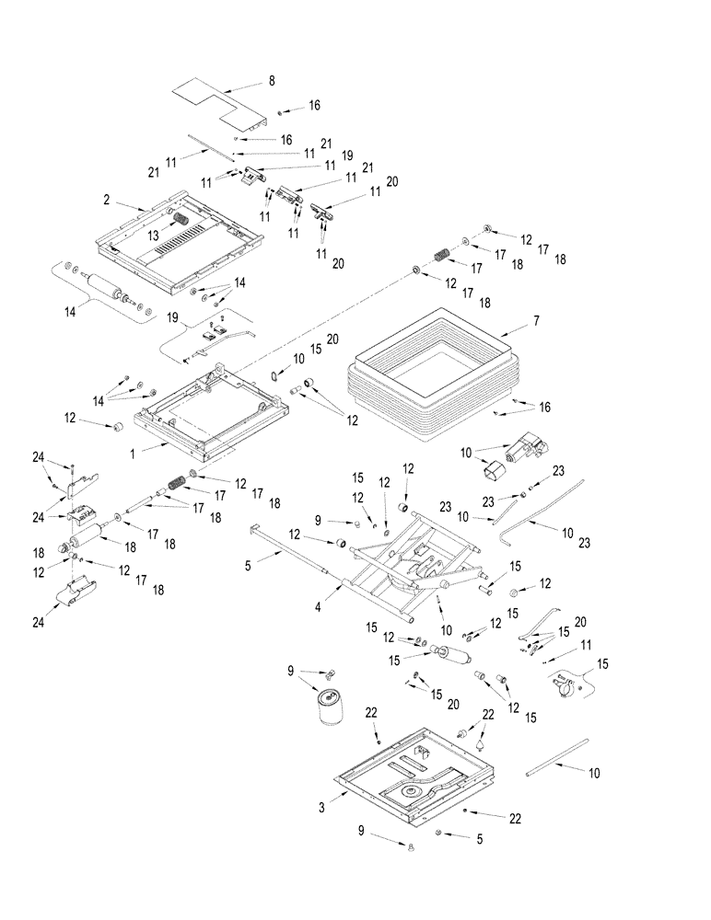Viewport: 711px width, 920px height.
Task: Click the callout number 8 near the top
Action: pyautogui.click(x=272, y=81)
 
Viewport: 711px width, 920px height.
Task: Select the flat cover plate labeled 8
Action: pyautogui.click(x=219, y=104)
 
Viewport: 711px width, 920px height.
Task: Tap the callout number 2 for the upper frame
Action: pyautogui.click(x=107, y=199)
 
